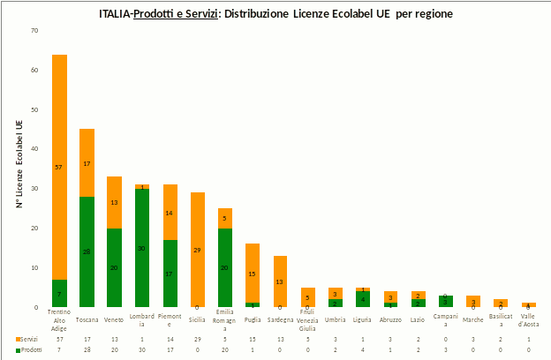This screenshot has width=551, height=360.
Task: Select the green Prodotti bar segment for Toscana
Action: coord(87,251)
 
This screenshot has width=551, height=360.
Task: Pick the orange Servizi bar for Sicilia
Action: coord(198,250)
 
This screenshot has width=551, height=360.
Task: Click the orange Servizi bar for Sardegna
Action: coord(280,281)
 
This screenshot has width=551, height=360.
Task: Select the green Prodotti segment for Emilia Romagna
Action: coord(225,267)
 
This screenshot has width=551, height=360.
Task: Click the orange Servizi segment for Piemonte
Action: coord(170,213)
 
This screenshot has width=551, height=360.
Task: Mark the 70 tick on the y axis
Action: coord(34,31)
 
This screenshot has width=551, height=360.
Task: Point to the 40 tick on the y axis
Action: coord(34,149)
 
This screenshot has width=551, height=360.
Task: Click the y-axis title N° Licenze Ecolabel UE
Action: coord(19,168)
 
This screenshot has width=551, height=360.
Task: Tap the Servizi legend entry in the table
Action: coord(28,339)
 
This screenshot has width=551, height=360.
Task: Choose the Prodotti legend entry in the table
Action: coord(28,350)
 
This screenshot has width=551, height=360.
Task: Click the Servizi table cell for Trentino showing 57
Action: coord(60,339)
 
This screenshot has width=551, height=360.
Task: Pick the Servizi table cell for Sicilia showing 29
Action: coord(198,339)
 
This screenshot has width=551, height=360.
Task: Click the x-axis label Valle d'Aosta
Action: coord(528,321)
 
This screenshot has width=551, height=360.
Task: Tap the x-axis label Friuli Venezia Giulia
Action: coord(307,321)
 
